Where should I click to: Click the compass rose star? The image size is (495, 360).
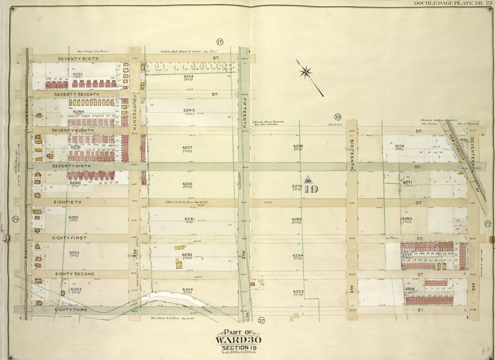(x=305, y=73)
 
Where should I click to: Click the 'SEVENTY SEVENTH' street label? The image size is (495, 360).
(x=79, y=94)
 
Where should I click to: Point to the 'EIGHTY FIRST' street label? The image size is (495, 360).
(x=74, y=238)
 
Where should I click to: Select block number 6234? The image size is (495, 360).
(x=188, y=76)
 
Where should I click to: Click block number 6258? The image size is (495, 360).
(x=298, y=146)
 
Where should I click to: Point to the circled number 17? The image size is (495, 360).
(x=219, y=42)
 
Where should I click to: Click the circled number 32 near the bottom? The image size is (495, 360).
(x=262, y=320)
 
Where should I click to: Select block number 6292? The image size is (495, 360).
(x=74, y=252)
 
